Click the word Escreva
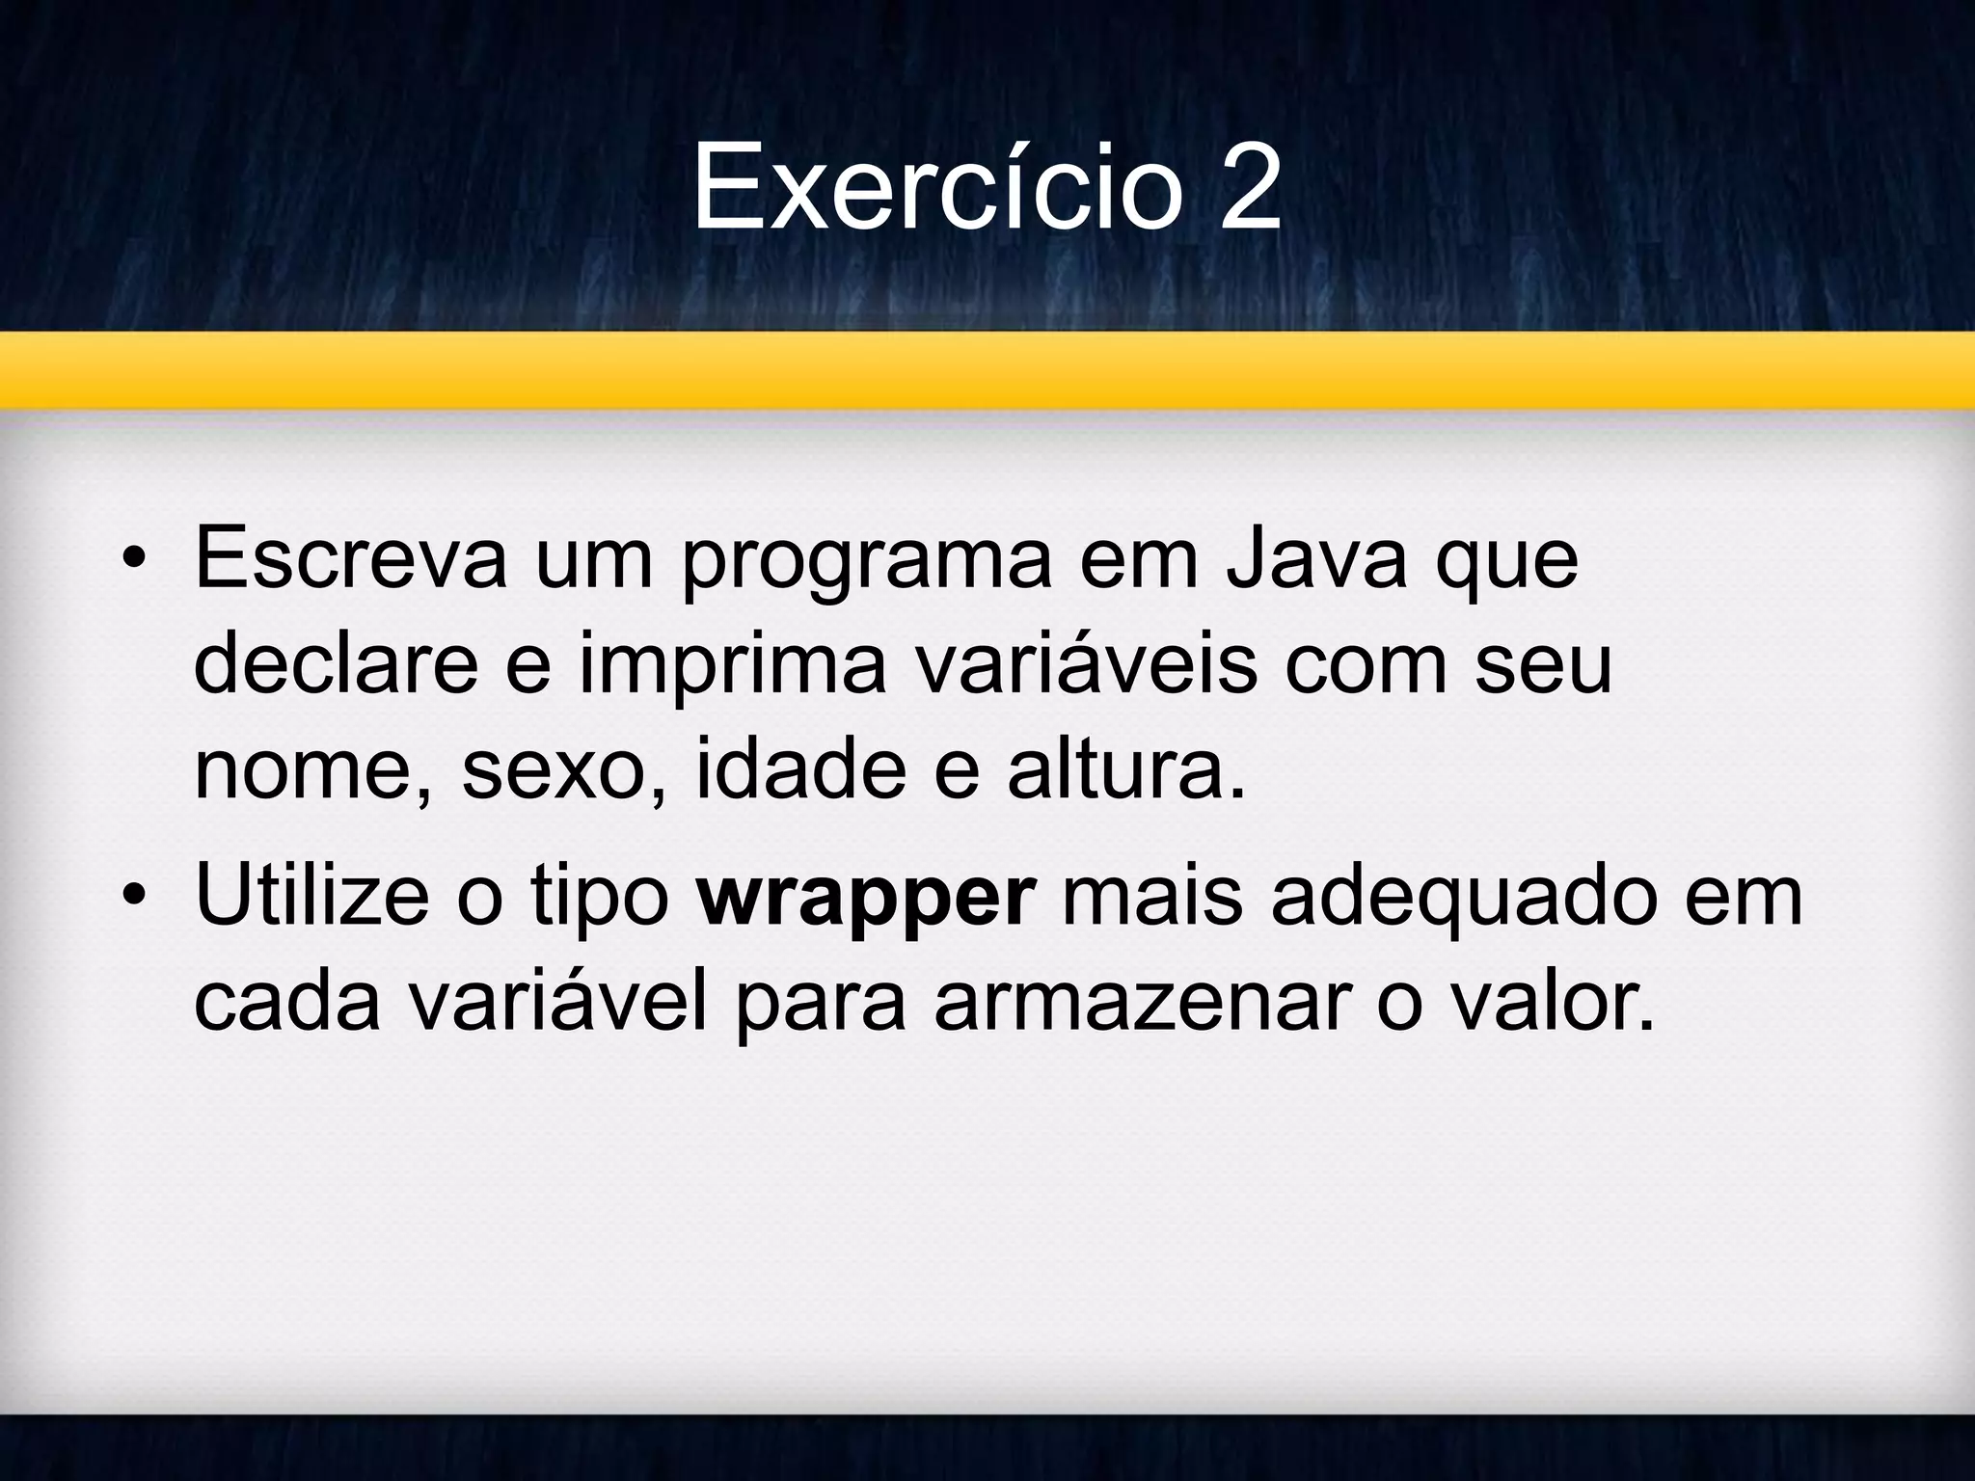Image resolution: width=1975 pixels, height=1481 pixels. [x=350, y=560]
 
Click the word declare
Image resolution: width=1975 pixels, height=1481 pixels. [x=336, y=665]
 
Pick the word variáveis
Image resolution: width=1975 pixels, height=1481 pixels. [x=1086, y=665]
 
